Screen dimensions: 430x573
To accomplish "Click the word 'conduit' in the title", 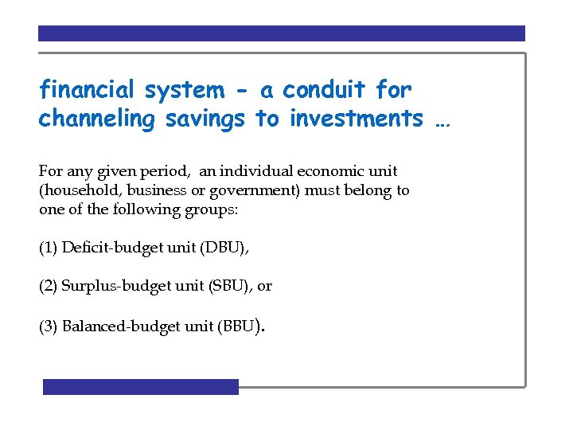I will click(x=324, y=90).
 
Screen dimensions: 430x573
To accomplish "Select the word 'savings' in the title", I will click(x=206, y=119).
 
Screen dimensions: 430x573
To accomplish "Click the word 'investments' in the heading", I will click(x=357, y=119).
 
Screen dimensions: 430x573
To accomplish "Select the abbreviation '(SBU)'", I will click(x=230, y=287).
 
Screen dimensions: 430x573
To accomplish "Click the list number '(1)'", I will click(x=48, y=248).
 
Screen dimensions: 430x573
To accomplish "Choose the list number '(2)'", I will click(x=48, y=287).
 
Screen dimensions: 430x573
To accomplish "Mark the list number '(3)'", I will click(x=48, y=326).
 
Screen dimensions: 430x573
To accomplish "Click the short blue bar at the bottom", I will click(x=141, y=387).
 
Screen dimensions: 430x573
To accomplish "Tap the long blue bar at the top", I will click(x=282, y=33).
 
